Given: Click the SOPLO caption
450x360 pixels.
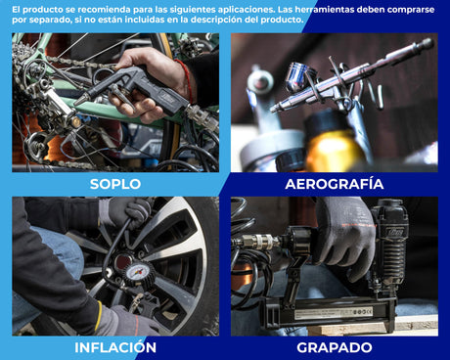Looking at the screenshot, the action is [x=115, y=184].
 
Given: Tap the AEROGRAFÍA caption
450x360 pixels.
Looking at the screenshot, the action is [x=335, y=184].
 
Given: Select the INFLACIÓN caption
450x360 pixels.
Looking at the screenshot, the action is [x=115, y=347].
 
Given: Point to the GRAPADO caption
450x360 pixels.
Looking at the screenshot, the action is [x=335, y=347].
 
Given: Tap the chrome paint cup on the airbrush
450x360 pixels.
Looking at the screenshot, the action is [x=299, y=76].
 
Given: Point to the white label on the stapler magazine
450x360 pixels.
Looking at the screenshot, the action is [x=334, y=313].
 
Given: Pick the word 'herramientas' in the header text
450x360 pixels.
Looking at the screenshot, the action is [x=330, y=10].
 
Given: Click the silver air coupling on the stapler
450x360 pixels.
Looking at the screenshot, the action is [x=260, y=242].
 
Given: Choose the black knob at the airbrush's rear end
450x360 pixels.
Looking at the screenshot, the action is [x=427, y=44].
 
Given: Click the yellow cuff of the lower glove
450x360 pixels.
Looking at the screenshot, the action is [x=99, y=315].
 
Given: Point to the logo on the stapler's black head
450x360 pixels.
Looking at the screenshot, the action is [x=395, y=232].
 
